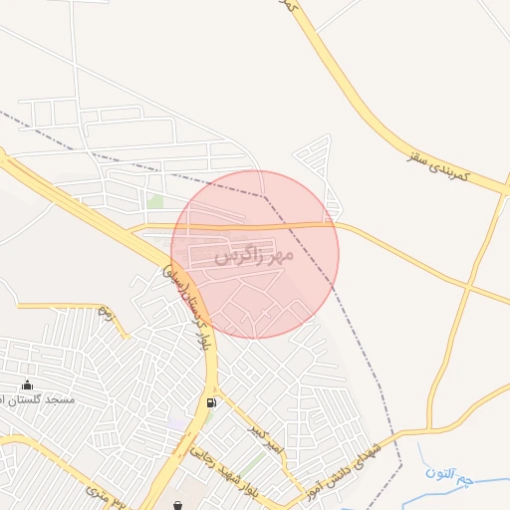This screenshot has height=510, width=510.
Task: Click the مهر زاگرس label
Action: (254, 256)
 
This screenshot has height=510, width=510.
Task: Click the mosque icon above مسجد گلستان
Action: (26, 385)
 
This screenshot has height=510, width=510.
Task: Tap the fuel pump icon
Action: (210, 402)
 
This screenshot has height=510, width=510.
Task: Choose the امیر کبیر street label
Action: (265, 440)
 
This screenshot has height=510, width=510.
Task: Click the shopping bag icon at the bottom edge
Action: (177, 505)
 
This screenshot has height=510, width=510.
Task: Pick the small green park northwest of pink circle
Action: (154, 201)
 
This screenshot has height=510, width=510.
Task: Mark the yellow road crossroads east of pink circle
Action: (466, 286)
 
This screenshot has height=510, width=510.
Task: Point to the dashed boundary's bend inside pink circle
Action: (266, 196)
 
